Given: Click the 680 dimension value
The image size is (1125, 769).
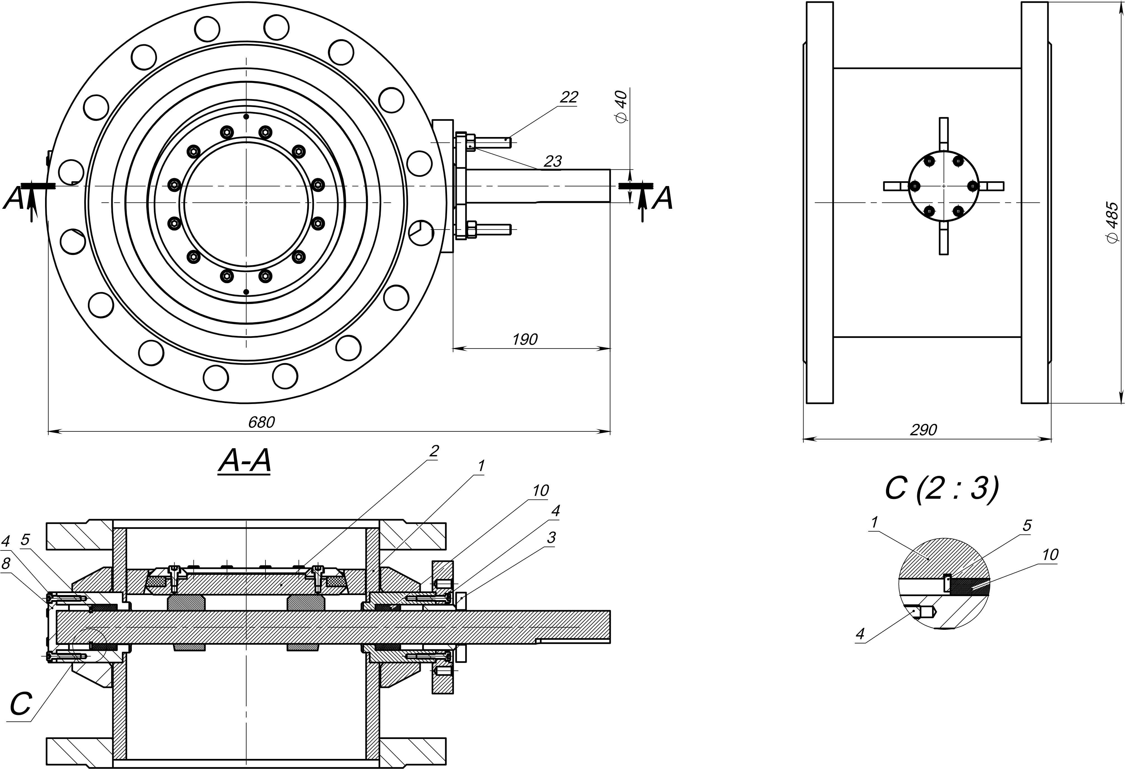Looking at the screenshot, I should click(261, 422).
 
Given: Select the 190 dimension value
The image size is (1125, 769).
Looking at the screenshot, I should click(525, 339).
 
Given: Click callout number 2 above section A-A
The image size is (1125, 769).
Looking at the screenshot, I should click(434, 451).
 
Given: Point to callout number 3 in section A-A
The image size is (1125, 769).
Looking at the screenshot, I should click(551, 537).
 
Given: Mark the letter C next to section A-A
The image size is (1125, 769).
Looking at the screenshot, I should click(21, 704).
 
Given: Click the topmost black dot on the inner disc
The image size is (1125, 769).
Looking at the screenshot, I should click(246, 117).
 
